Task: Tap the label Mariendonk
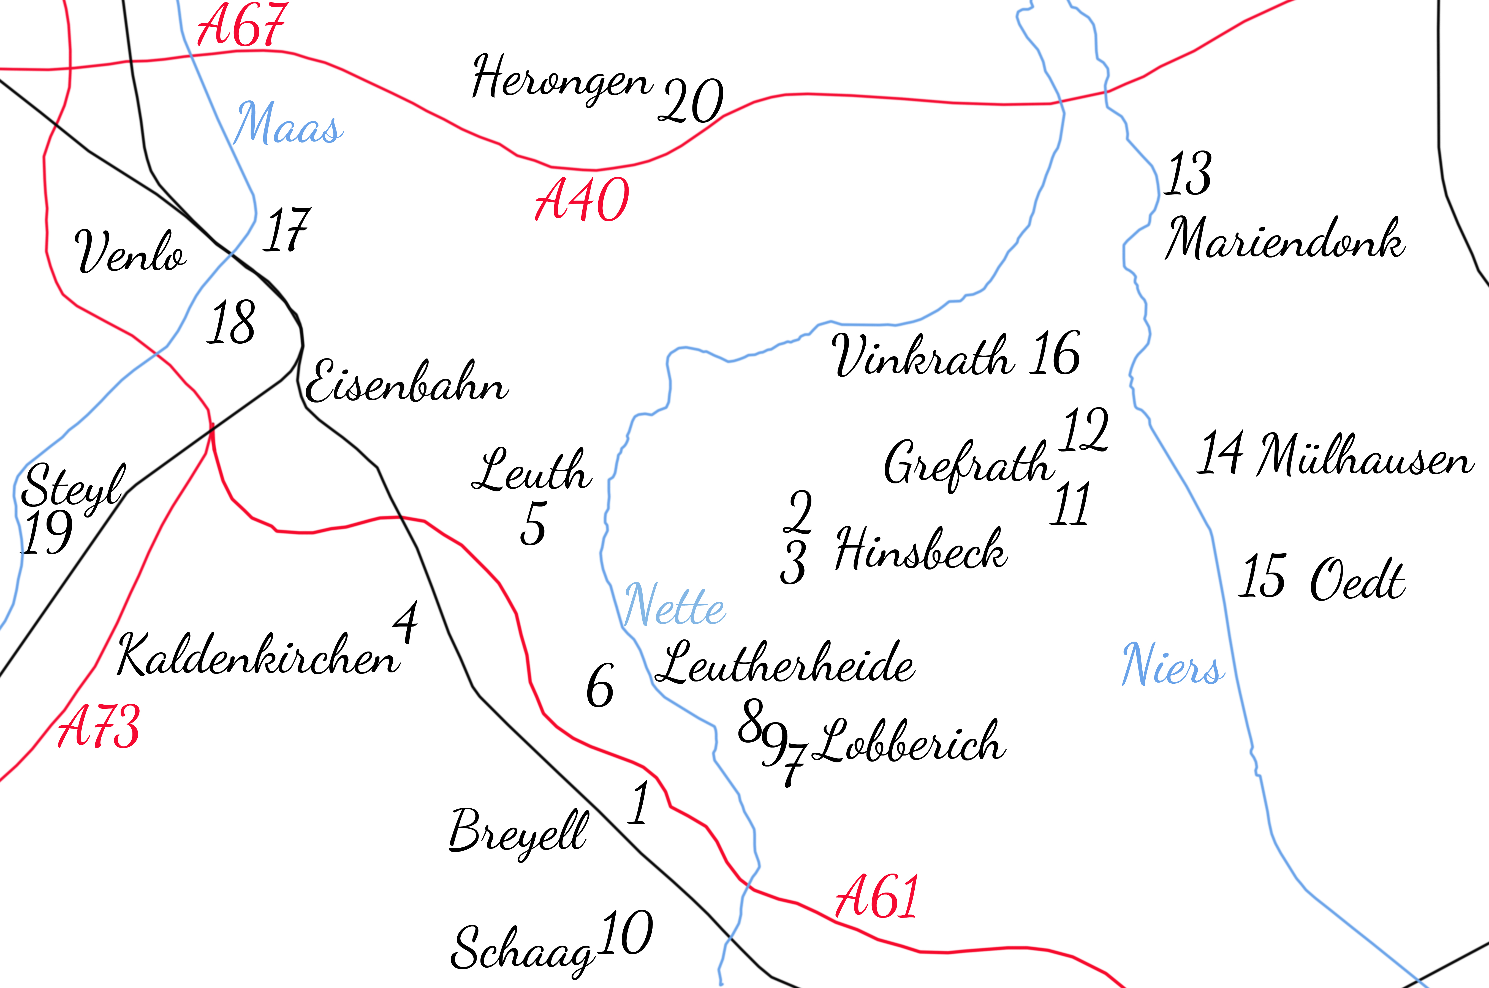(x=1284, y=239)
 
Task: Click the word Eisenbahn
(x=407, y=382)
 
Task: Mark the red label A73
(x=99, y=727)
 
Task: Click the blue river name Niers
(x=1173, y=665)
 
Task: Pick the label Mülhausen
(x=1365, y=455)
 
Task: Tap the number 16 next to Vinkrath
(x=1054, y=354)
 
